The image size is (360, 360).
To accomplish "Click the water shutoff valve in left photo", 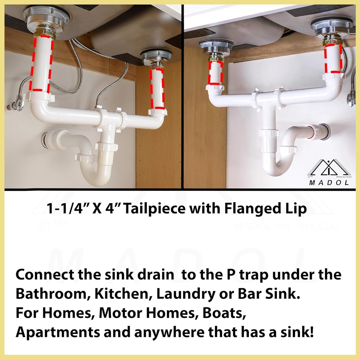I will coord(17,104).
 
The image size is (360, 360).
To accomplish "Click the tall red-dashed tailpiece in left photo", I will coord(41,63).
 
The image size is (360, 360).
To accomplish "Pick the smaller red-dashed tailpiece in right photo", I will coord(216,73).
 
